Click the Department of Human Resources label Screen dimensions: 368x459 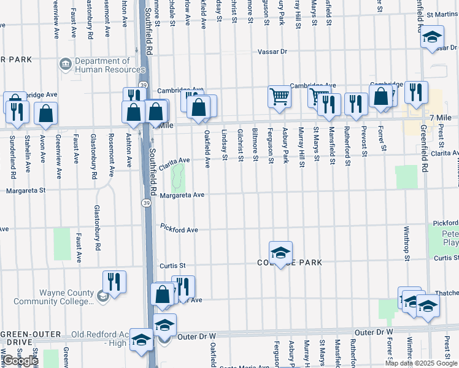[102, 65]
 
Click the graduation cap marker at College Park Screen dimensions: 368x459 [280, 252]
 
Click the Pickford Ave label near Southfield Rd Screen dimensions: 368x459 [179, 228]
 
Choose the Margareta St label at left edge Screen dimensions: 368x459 [26, 191]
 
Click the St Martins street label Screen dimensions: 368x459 [442, 13]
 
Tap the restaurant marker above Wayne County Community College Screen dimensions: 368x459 [114, 282]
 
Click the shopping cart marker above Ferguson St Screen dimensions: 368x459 [279, 96]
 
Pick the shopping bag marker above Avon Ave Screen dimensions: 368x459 [46, 113]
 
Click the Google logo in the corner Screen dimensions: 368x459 [20, 360]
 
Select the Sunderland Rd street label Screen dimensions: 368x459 [12, 149]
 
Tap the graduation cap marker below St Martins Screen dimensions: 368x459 [432, 37]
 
